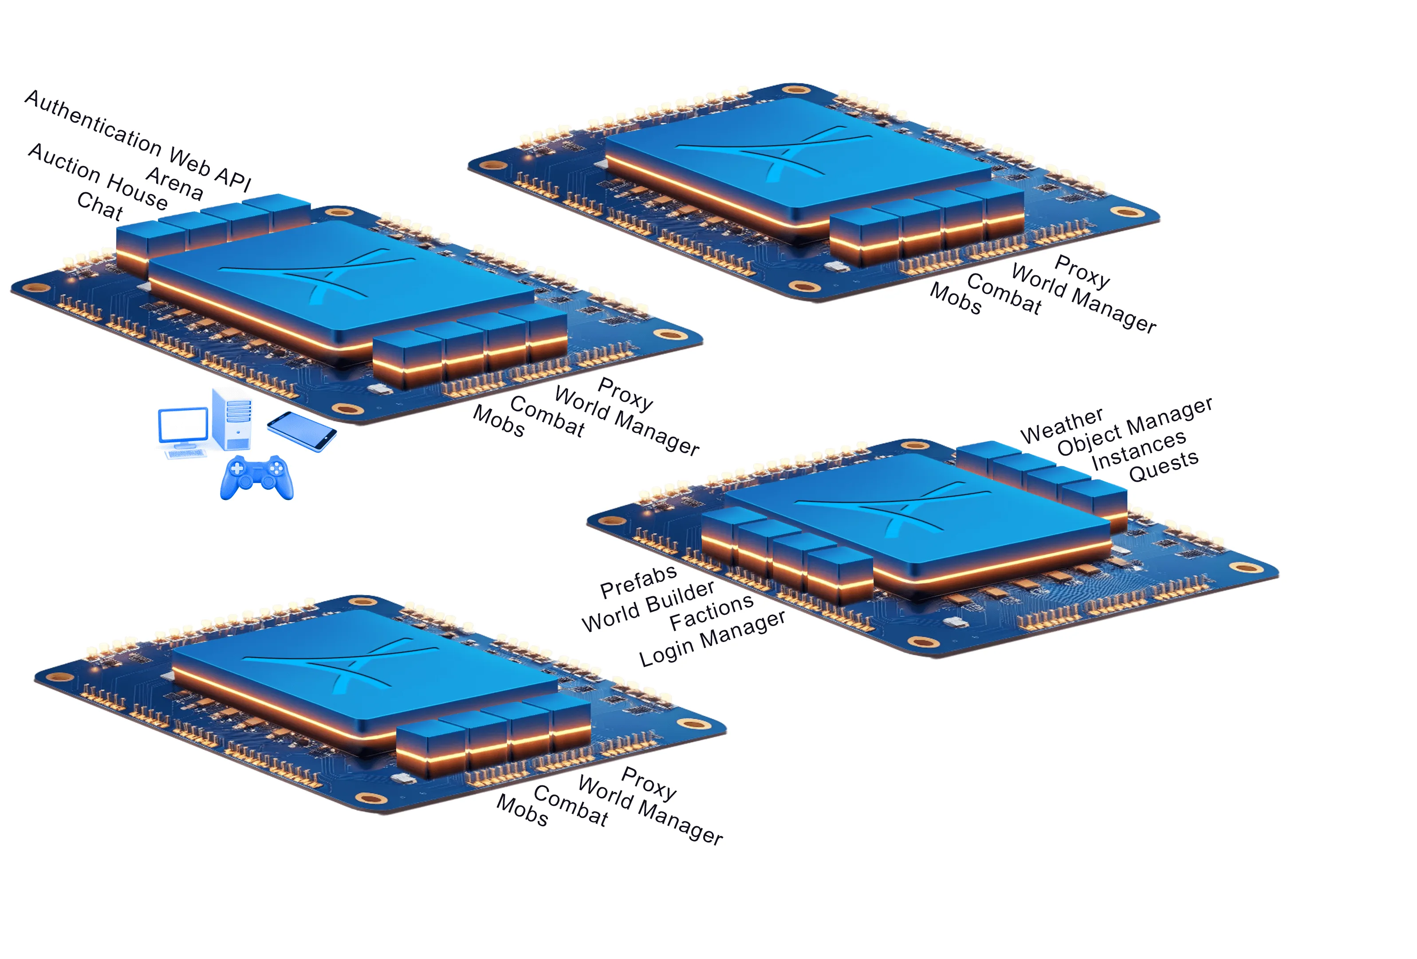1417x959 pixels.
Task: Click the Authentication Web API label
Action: click(138, 140)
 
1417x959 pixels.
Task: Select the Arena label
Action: click(175, 183)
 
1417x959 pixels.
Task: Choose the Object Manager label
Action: click(1135, 426)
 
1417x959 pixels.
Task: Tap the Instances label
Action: click(1138, 450)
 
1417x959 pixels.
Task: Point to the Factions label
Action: click(712, 612)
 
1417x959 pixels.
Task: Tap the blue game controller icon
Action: click(257, 478)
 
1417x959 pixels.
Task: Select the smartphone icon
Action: click(302, 431)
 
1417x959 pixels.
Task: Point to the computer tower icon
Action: click(232, 419)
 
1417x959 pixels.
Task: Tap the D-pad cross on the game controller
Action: click(236, 468)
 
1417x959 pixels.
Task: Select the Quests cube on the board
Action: click(1096, 504)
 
